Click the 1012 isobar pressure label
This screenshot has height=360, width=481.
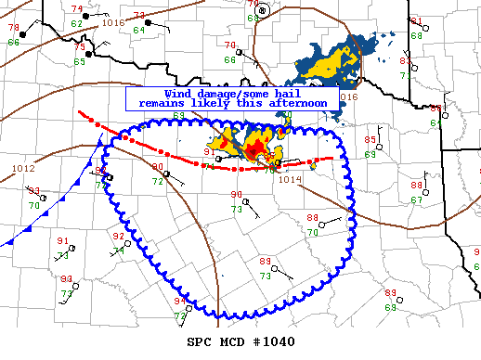point(23,169)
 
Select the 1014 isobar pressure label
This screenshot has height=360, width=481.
point(291,180)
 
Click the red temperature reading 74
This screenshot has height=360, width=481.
point(76,9)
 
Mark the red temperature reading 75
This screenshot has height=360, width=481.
point(79,47)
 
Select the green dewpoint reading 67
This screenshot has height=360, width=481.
point(417,199)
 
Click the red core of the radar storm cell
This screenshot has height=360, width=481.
point(253,149)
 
